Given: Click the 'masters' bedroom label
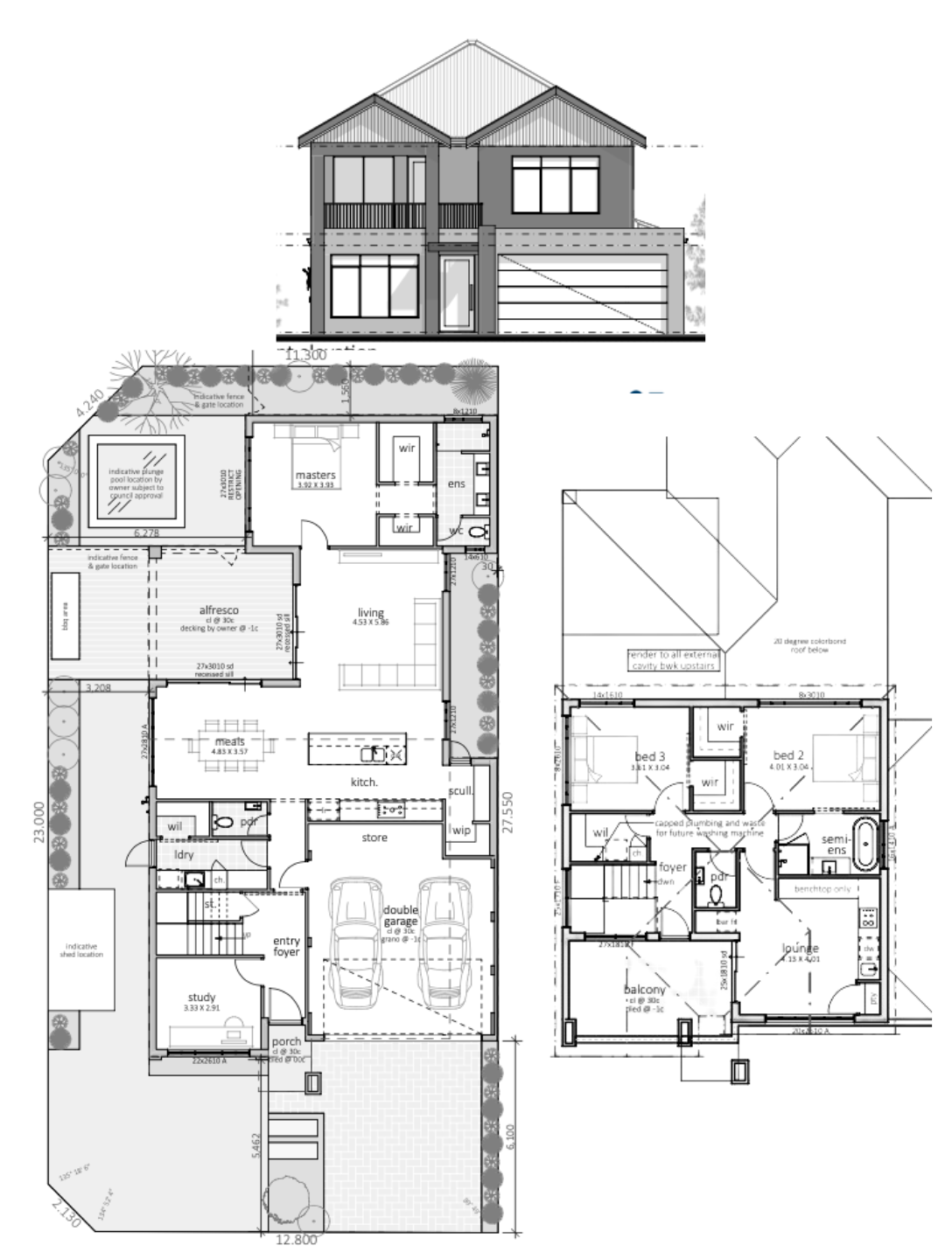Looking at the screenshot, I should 316,475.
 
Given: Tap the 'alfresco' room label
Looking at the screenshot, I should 219,610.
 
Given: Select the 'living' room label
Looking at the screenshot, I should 371,612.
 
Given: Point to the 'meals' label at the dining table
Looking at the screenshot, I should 228,741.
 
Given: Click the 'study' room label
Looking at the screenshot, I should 201,997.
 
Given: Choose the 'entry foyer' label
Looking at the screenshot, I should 286,946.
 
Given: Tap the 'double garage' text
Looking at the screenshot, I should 401,916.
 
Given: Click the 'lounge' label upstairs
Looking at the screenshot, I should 801,948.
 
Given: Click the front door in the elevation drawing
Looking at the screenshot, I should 454,295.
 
